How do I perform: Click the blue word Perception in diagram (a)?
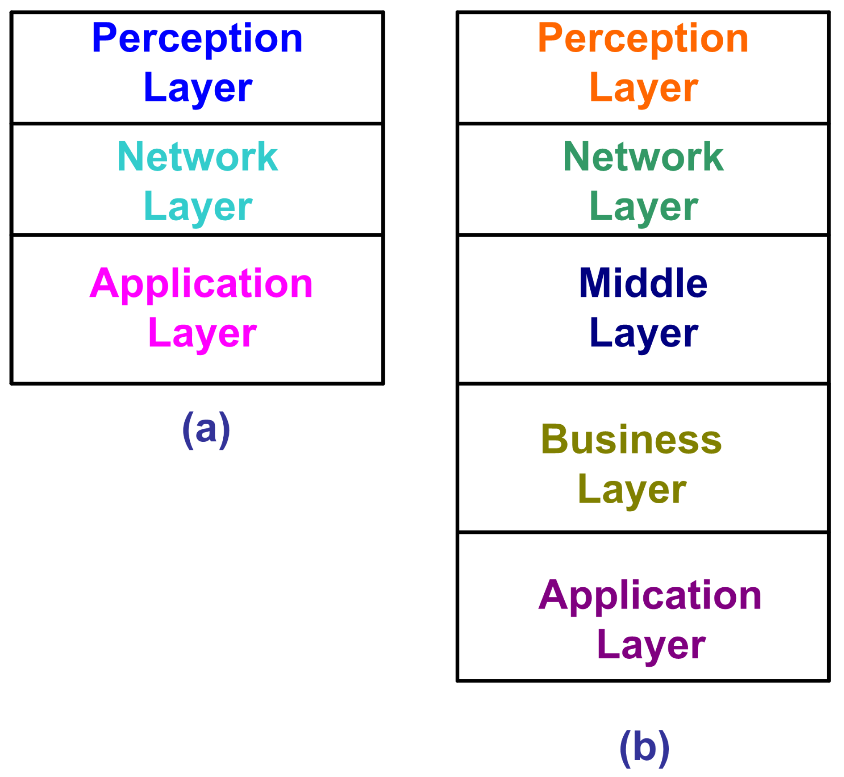pos(197,39)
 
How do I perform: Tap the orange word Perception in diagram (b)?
pos(643,39)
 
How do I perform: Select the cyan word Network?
pos(197,156)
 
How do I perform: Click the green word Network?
pos(643,156)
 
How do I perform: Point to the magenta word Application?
pos(201,284)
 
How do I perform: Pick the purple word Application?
pos(650,595)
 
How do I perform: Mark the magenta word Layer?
pos(202,333)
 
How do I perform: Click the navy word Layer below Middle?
pos(643,333)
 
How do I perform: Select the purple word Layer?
pos(650,645)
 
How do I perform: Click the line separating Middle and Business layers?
pos(643,384)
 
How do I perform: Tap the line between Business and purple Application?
pos(643,532)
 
